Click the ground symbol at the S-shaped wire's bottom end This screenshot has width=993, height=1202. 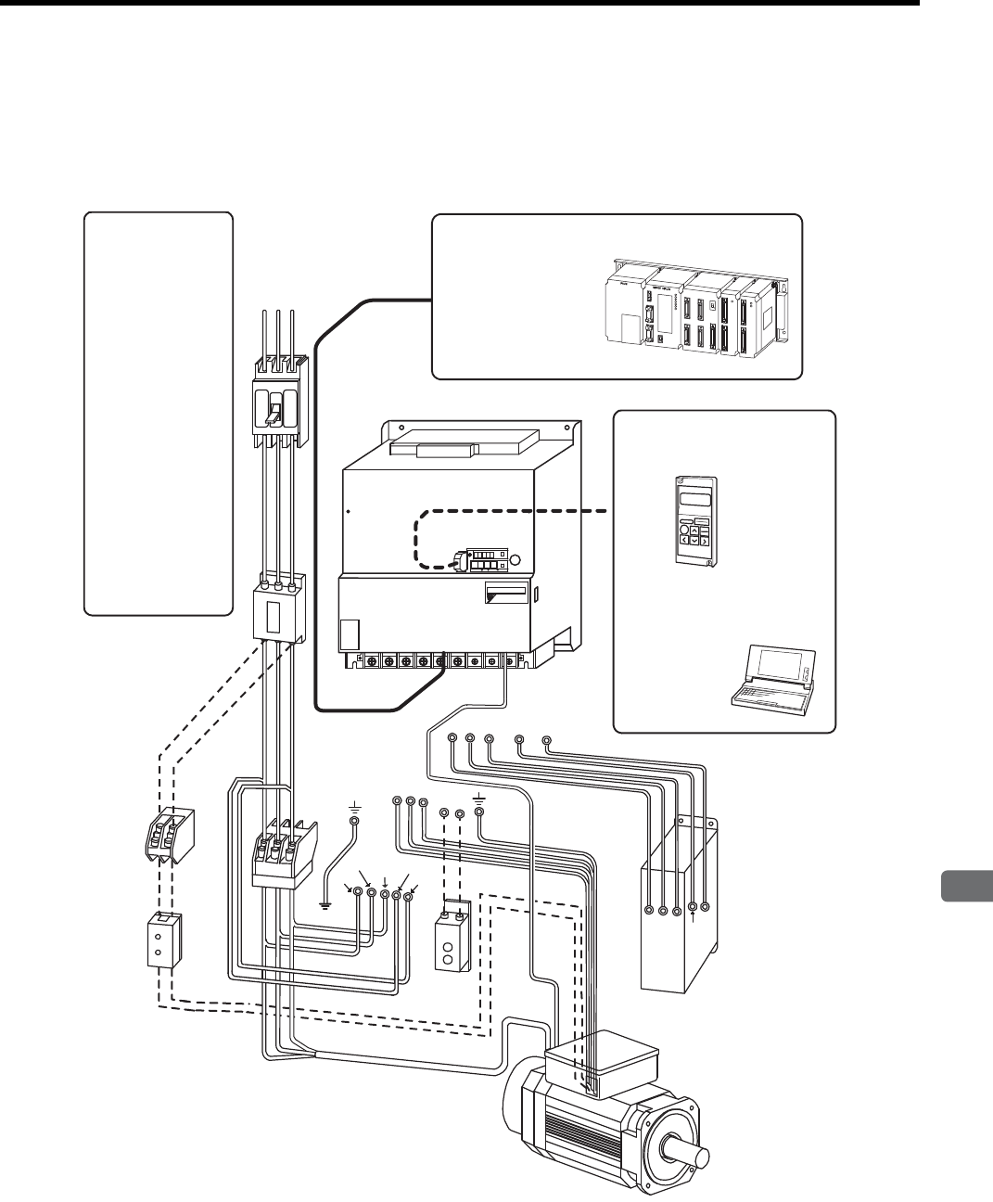pos(325,905)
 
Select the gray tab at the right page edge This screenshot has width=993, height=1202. pos(967,887)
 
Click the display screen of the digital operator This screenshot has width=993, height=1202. pos(694,500)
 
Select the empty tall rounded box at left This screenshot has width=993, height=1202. pos(158,413)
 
